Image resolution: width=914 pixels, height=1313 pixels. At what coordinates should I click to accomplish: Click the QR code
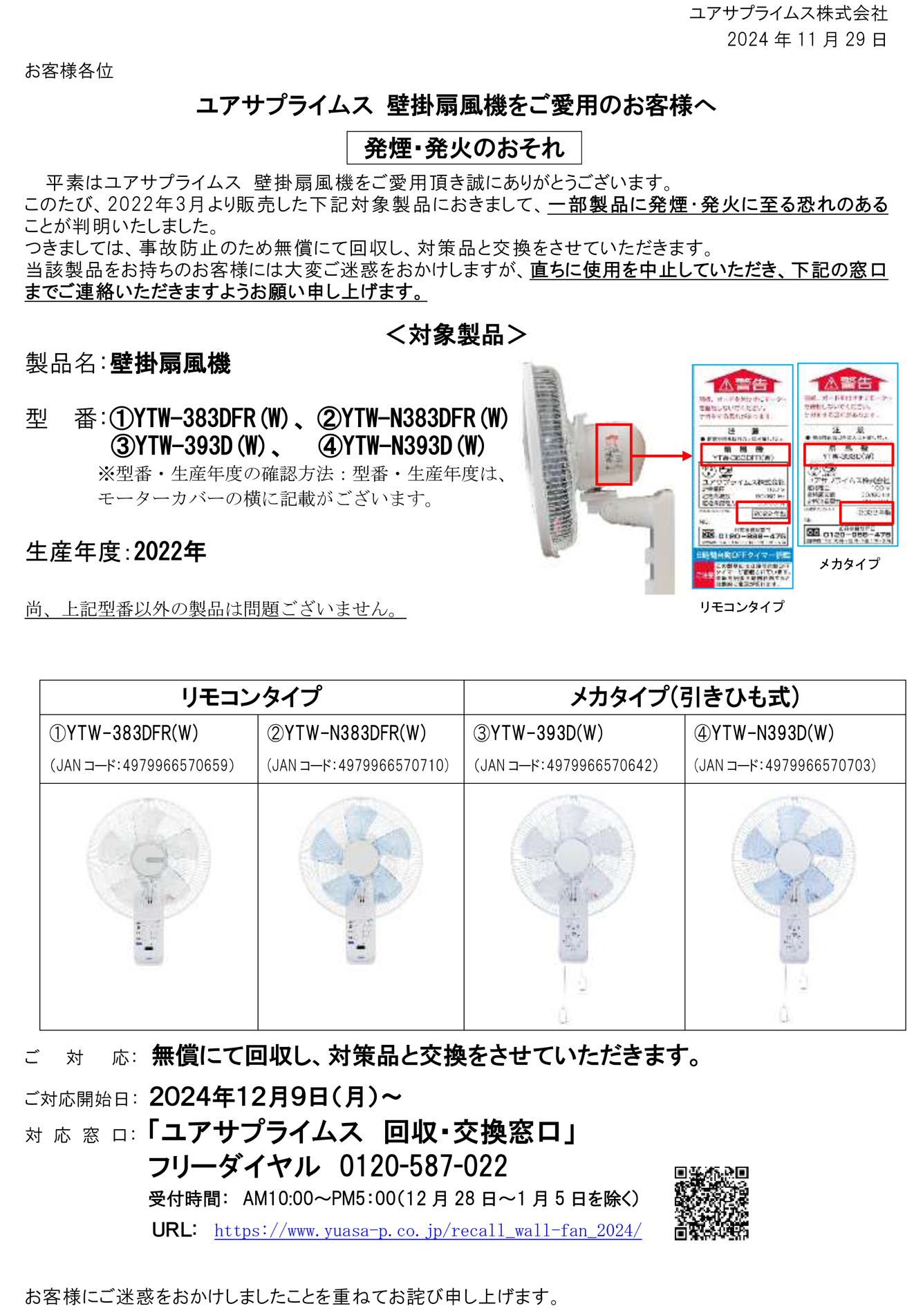point(711,1203)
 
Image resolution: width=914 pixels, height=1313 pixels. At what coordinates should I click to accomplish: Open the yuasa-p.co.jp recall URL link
point(427,1231)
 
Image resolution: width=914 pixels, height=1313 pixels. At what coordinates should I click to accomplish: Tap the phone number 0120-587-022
point(423,1166)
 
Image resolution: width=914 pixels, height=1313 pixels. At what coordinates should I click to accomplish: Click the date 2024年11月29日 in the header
point(806,39)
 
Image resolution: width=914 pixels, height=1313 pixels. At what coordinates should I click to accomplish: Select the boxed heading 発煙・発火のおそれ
point(464,148)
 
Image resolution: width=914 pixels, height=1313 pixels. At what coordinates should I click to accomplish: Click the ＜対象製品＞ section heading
point(456,335)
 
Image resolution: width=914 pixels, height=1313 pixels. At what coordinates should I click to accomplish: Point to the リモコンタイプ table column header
point(251,697)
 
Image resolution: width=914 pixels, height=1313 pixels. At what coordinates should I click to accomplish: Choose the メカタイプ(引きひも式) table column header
point(684,697)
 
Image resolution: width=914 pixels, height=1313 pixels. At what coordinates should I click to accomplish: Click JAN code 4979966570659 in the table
point(142,766)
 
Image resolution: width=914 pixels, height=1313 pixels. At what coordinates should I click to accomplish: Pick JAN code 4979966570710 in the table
point(358,766)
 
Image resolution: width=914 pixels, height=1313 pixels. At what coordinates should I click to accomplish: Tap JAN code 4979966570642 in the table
point(566,766)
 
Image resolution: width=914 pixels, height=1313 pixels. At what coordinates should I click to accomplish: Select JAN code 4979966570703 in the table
point(785,766)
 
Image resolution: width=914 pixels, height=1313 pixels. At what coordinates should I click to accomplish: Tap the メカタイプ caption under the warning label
point(849,564)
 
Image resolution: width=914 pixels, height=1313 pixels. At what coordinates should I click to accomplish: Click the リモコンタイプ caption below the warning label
point(742,607)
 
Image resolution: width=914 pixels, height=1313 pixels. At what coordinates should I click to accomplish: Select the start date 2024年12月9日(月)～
point(275,1097)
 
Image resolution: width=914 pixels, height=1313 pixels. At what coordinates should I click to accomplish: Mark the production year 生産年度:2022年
point(115,551)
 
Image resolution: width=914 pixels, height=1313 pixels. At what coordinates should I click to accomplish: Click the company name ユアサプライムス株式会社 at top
point(788,13)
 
